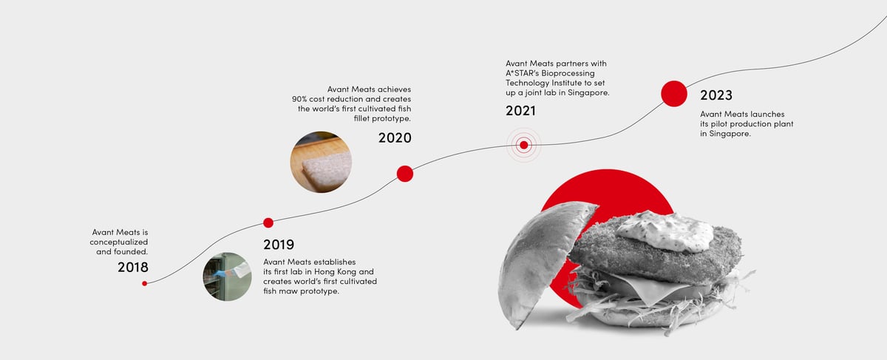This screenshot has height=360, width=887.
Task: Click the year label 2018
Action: pyautogui.click(x=133, y=268)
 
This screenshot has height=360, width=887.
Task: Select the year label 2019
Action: pyautogui.click(x=279, y=245)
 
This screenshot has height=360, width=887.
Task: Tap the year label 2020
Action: pyautogui.click(x=395, y=137)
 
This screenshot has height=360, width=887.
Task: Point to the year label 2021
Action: pyautogui.click(x=520, y=111)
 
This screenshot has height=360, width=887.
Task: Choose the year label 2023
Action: pyautogui.click(x=716, y=95)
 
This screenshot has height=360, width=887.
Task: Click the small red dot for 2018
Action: pyautogui.click(x=145, y=284)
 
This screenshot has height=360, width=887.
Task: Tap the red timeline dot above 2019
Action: pyautogui.click(x=268, y=223)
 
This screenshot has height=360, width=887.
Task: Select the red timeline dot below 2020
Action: pyautogui.click(x=405, y=174)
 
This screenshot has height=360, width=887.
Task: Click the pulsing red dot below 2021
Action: pyautogui.click(x=524, y=145)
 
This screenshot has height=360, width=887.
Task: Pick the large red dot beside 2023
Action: pyautogui.click(x=674, y=94)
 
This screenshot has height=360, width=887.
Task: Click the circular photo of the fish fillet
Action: pyautogui.click(x=321, y=162)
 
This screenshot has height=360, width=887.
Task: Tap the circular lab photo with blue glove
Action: pyautogui.click(x=228, y=276)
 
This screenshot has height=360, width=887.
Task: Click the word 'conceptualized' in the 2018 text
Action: pyautogui.click(x=119, y=242)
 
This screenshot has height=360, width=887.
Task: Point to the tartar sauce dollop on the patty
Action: pyautogui.click(x=665, y=231)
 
